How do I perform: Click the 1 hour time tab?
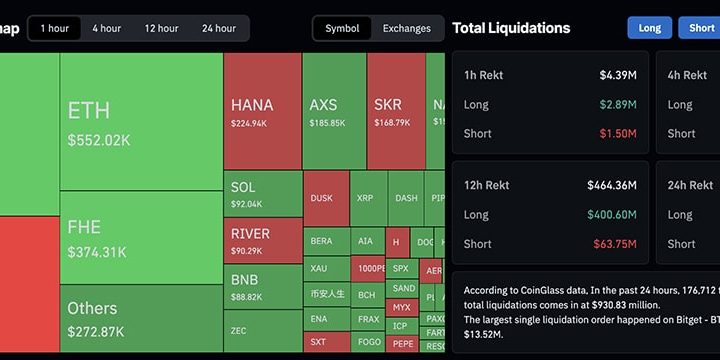point(55,28)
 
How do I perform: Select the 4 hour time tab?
point(107,28)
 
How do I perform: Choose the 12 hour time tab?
point(161,28)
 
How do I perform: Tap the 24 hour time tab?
point(219,28)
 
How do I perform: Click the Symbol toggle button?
point(342,28)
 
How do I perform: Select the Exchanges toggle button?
point(407,28)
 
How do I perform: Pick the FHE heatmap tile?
point(140,238)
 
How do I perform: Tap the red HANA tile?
point(262,111)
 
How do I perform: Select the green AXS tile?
point(333,111)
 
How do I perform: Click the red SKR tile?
point(395,111)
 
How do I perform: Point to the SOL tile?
point(262,194)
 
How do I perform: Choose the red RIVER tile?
point(262,241)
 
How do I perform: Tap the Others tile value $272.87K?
point(96,331)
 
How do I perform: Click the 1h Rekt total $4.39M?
point(618,75)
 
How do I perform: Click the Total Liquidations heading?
point(511,28)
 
